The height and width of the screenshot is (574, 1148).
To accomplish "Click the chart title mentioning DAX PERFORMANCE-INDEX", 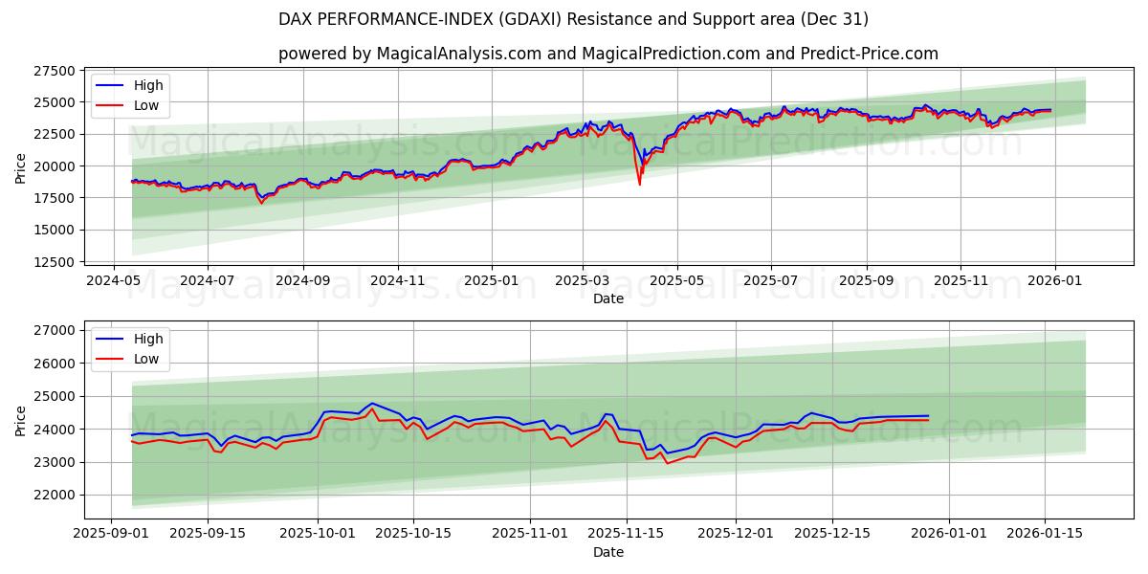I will coord(574,19).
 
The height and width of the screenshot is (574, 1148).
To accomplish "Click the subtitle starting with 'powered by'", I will coord(608,54).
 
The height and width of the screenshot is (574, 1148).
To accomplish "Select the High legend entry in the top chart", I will coord(148,85).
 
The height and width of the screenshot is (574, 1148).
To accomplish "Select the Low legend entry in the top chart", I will coord(146,105).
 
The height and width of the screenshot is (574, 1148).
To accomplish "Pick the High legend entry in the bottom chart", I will coord(148,339).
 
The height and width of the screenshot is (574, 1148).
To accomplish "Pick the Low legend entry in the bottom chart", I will coord(146,359).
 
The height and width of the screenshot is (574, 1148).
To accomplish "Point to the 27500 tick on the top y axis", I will coord(55,71).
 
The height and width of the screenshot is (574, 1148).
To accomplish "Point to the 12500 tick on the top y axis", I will coord(55,262).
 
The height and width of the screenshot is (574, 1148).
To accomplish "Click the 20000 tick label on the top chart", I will coord(55,166).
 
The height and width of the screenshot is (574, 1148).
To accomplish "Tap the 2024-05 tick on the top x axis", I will coord(114,280).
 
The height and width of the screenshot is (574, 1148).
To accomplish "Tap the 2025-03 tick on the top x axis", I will coord(583,280).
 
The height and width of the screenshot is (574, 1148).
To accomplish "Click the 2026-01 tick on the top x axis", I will coord(1055,280).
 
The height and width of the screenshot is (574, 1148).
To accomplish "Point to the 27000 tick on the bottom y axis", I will coord(55,330).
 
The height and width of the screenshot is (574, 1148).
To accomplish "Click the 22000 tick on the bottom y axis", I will coord(55,495).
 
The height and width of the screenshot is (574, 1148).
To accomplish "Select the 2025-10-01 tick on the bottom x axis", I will coord(318,534).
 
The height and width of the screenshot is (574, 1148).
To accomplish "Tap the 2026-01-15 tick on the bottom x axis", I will coord(1044,534).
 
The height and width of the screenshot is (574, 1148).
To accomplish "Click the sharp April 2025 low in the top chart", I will coord(640,184).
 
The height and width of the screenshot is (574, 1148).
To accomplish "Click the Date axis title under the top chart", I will coord(608,298).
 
